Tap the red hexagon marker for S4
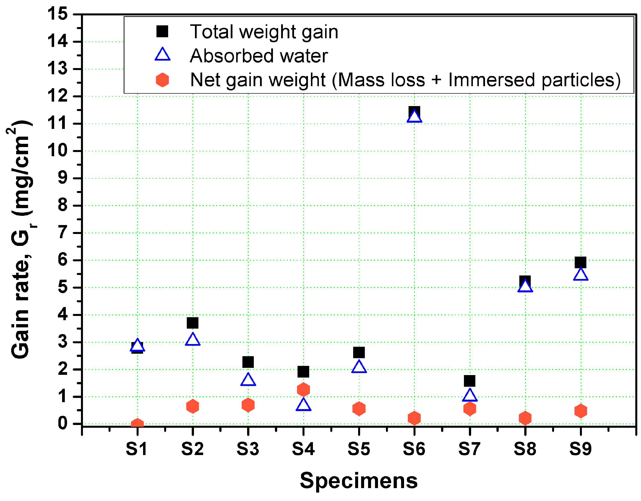tap(303, 390)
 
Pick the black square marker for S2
tap(192, 323)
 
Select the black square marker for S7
tap(470, 381)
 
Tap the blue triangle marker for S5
tap(359, 367)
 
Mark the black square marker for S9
tap(581, 262)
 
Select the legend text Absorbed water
tap(259, 56)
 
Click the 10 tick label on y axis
tap(58, 151)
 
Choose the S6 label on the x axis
tap(414, 449)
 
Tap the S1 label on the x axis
tap(137, 449)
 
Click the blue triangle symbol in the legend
tap(162, 55)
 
